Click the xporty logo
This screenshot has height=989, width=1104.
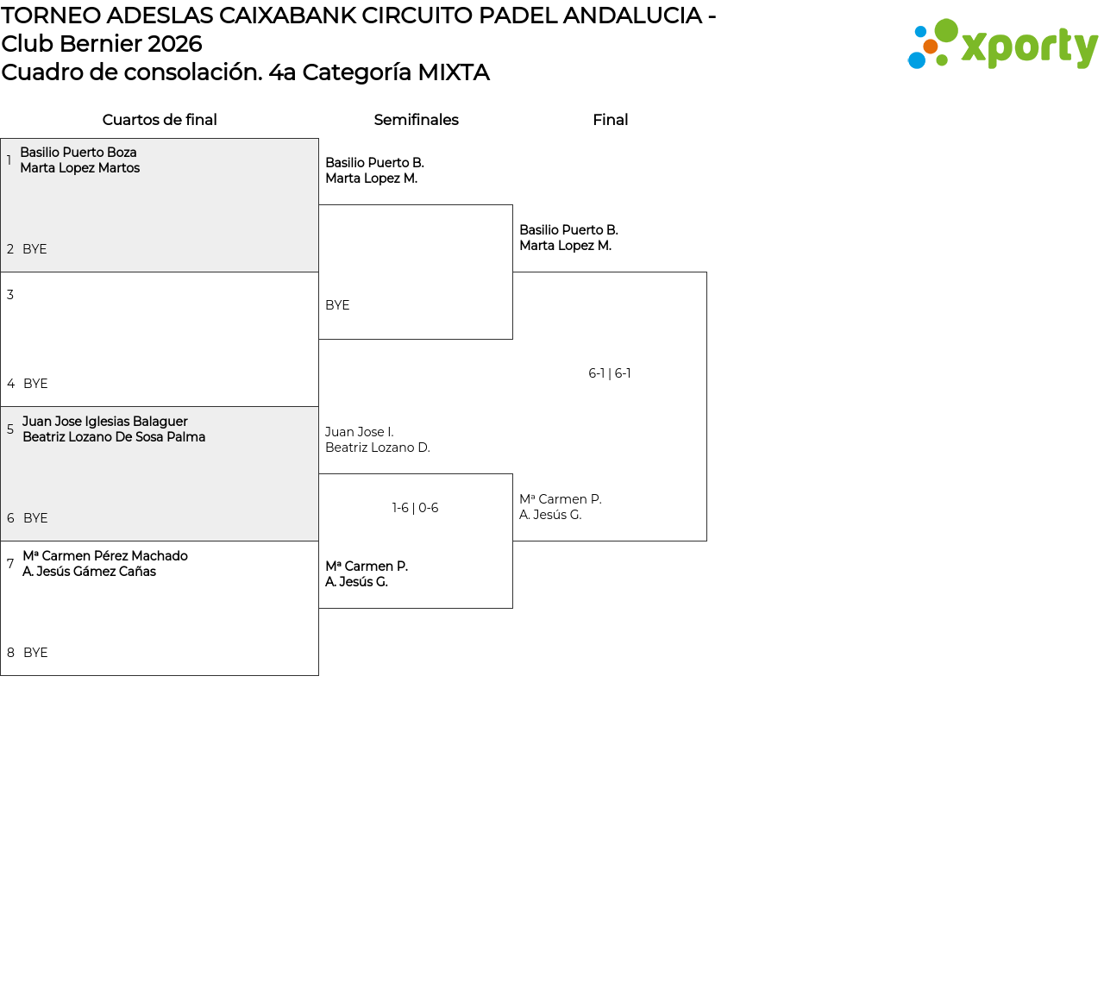tap(1002, 44)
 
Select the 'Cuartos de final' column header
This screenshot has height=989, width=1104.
tap(160, 120)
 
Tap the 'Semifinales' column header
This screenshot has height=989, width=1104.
tap(416, 120)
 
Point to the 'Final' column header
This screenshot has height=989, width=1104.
tap(610, 120)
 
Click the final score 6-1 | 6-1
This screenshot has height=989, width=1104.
tap(610, 373)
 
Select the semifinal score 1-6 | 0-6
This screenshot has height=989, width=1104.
tap(415, 508)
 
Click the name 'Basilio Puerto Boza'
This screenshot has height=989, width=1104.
tap(78, 153)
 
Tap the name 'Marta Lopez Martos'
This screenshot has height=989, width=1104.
tap(80, 168)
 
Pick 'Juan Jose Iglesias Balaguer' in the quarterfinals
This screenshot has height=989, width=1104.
tap(105, 422)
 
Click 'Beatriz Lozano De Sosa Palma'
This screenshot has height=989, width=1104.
tap(114, 437)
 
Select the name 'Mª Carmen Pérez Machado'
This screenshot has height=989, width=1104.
tap(105, 556)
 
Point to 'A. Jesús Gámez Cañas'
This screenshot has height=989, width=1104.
tap(90, 572)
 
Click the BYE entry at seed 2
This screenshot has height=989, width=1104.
tap(34, 249)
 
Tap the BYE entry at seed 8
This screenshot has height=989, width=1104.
tap(35, 653)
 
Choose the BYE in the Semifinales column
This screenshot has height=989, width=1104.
tap(337, 305)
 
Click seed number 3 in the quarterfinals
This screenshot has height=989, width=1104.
tap(10, 295)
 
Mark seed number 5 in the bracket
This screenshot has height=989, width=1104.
tap(10, 429)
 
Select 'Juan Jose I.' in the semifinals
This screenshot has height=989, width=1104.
tap(360, 432)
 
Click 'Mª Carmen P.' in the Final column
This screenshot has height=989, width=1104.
tap(561, 499)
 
